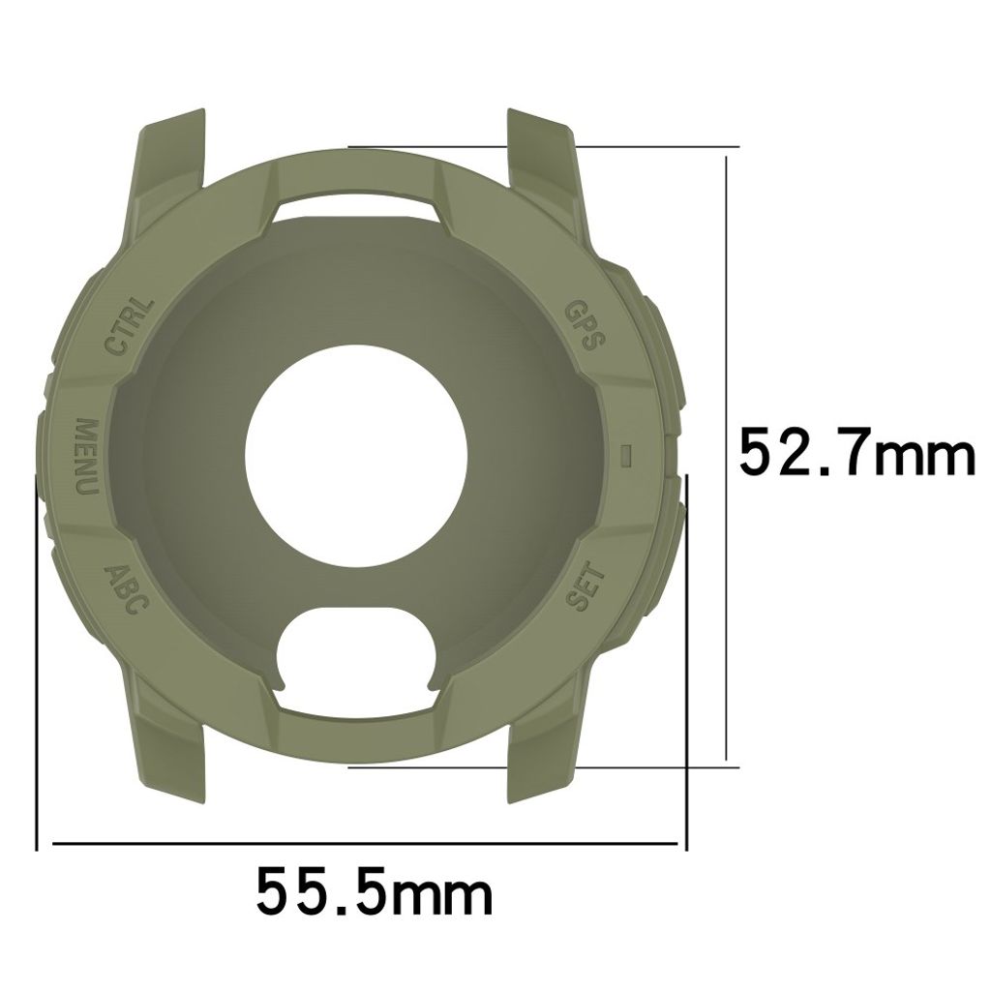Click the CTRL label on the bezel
tap(129, 327)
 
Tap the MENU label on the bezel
tap(86, 457)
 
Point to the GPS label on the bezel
tap(585, 325)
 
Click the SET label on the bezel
tap(585, 586)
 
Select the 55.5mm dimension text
tap(374, 891)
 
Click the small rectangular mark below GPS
tap(625, 454)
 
